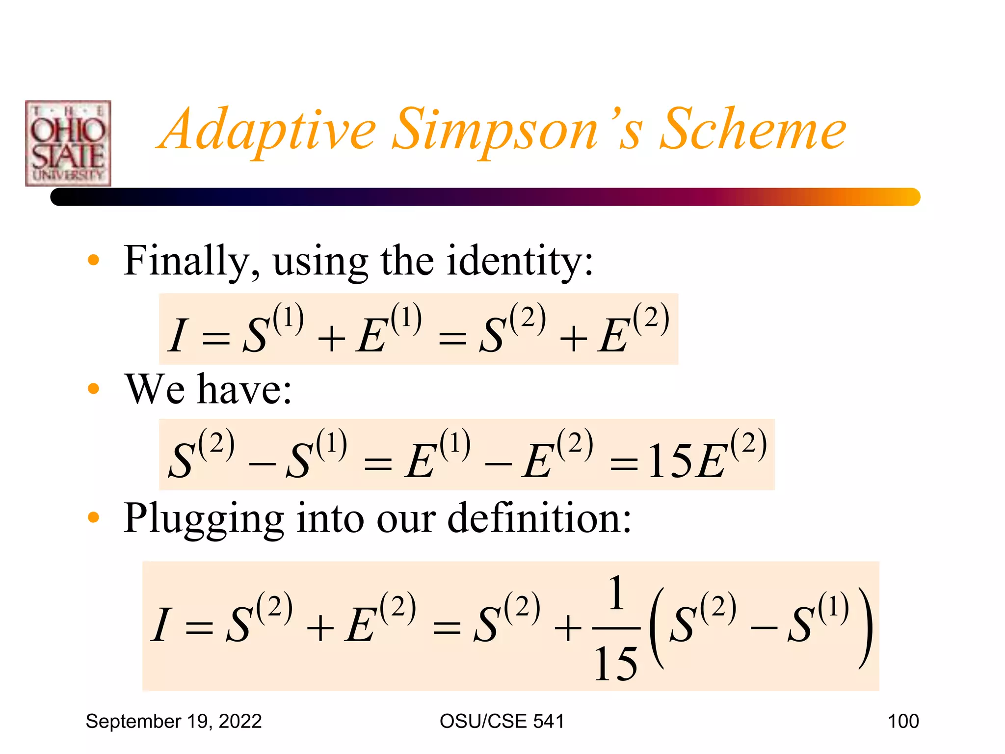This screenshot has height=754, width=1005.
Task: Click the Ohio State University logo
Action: pyautogui.click(x=68, y=143)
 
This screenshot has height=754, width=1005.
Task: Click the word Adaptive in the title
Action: pyautogui.click(x=269, y=130)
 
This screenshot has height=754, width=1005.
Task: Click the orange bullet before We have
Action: pyautogui.click(x=93, y=389)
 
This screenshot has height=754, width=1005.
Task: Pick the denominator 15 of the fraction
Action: pyautogui.click(x=615, y=664)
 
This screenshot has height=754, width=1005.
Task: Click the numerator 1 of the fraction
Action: pyautogui.click(x=616, y=594)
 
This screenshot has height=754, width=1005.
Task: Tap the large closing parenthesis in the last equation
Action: pyautogui.click(x=866, y=628)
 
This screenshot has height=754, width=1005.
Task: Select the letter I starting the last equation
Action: pyautogui.click(x=160, y=624)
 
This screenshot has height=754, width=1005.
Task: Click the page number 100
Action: pyautogui.click(x=903, y=721)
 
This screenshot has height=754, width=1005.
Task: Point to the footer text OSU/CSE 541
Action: pyautogui.click(x=502, y=721)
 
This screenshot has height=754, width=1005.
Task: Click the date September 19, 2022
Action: pyautogui.click(x=174, y=721)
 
